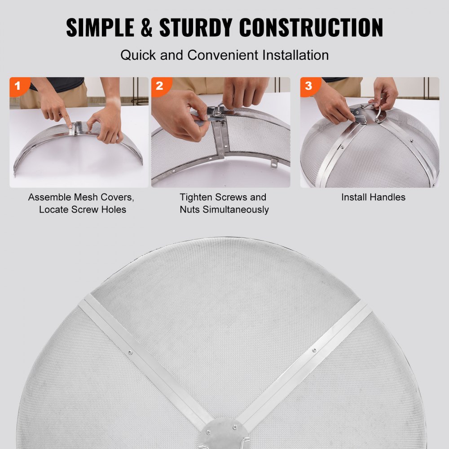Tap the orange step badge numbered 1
(18, 86)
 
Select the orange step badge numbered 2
(159, 86)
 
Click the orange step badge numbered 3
(308, 86)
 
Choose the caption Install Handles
(373, 197)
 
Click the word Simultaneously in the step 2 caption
(224, 209)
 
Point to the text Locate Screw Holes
(83, 209)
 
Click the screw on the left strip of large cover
(130, 352)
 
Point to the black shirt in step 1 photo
(58, 84)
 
